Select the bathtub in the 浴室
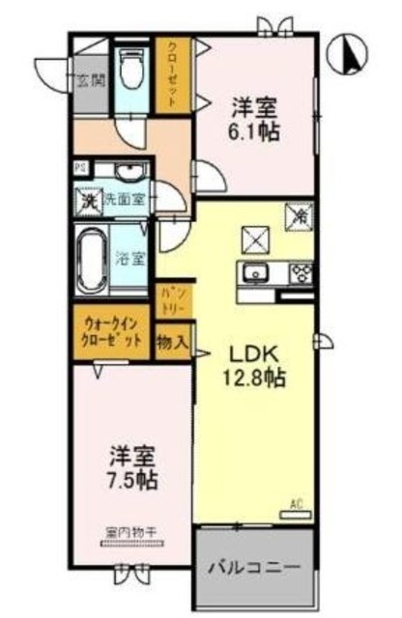92,260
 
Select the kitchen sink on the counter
256,273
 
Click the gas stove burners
299,272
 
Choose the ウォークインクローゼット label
109,332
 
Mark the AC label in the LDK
297,503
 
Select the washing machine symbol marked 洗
88,203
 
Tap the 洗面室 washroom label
127,203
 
